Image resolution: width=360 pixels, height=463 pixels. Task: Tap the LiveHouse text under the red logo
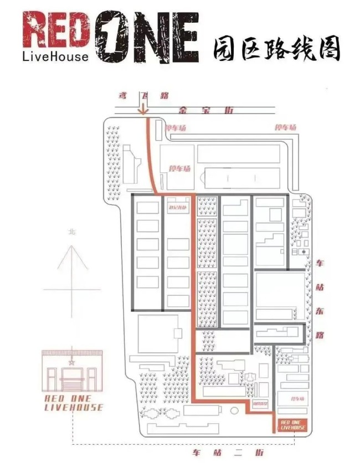(55, 56)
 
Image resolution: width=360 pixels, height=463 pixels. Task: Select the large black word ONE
(147, 36)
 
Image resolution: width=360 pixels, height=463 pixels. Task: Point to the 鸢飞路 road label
(141, 96)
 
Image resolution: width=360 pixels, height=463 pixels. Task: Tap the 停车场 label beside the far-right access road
(286, 127)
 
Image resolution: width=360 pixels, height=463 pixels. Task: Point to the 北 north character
(71, 232)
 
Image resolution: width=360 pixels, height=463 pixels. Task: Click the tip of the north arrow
(71, 244)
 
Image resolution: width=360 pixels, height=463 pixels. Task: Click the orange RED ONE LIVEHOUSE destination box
(293, 425)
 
